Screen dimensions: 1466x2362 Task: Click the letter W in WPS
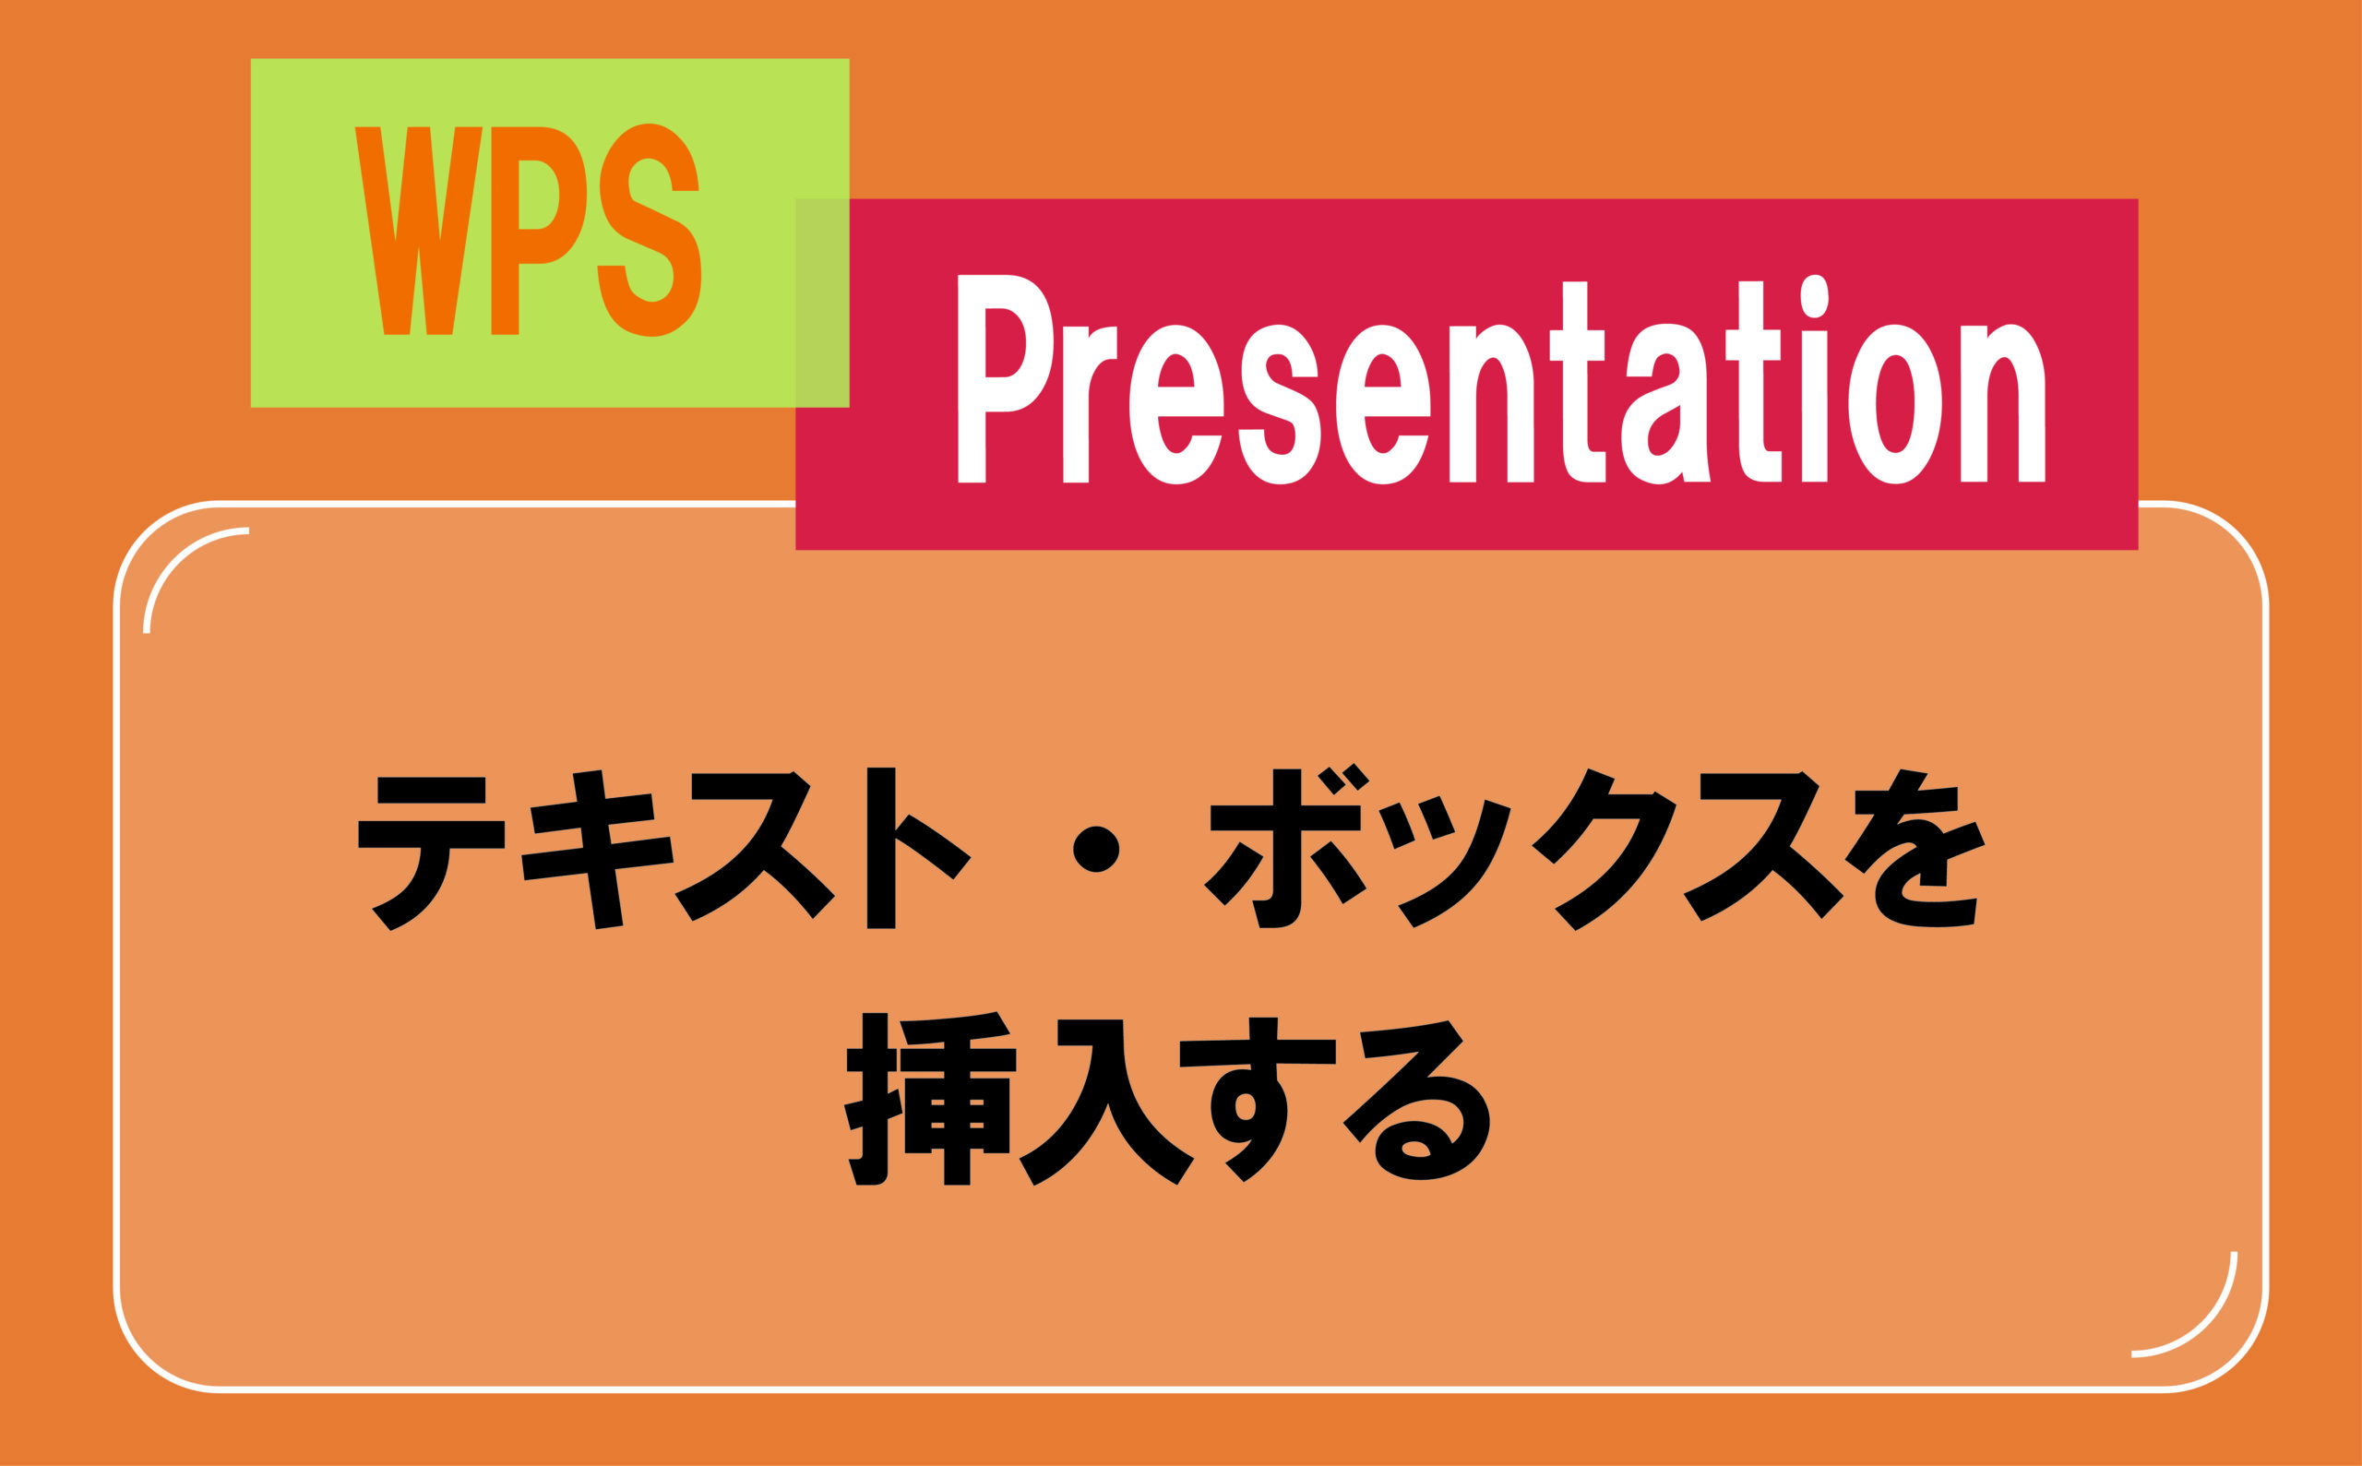[418, 231]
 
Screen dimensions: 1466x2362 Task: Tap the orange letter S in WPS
[649, 231]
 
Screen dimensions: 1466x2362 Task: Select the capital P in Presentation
[1003, 378]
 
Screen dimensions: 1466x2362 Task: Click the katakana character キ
[597, 850]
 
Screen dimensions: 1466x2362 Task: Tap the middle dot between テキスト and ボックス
[1096, 850]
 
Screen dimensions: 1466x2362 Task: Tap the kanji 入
[1105, 1102]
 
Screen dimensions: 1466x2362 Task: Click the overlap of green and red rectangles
[822, 303]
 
